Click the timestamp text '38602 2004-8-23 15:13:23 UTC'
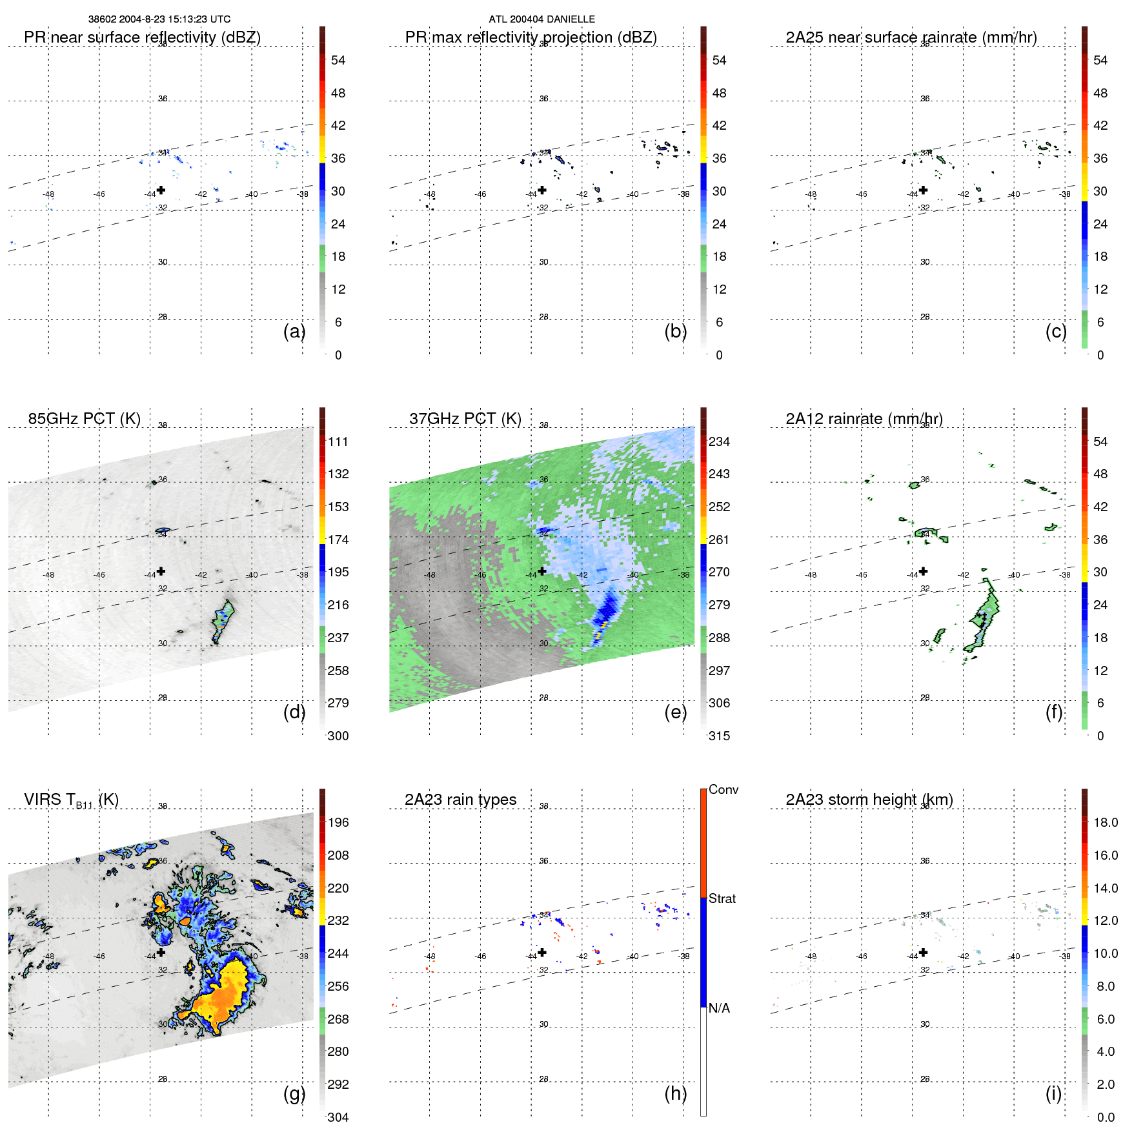point(159,19)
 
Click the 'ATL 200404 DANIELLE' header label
point(541,19)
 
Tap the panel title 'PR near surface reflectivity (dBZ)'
point(142,37)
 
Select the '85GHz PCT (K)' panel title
point(84,419)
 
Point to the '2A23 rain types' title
point(460,800)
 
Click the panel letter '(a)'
point(294,332)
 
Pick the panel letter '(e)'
point(675,713)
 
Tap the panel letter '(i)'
point(1053,1093)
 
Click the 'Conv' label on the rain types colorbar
point(723,790)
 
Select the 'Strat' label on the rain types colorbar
point(722,899)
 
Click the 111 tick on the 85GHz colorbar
point(338,442)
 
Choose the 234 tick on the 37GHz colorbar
point(719,442)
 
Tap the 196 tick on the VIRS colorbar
point(338,823)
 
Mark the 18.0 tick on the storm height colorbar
point(1105,823)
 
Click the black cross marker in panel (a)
point(161,190)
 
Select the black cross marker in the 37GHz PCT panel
point(542,571)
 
